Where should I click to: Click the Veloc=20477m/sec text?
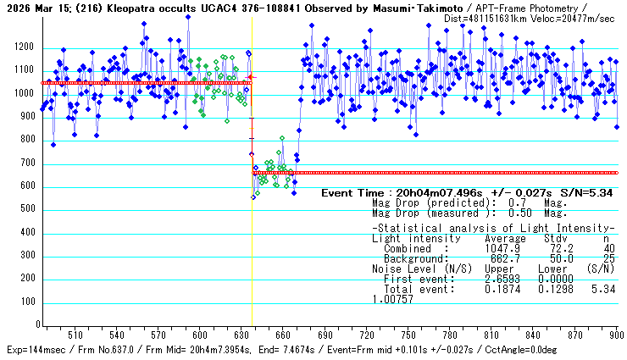tap(573, 18)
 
